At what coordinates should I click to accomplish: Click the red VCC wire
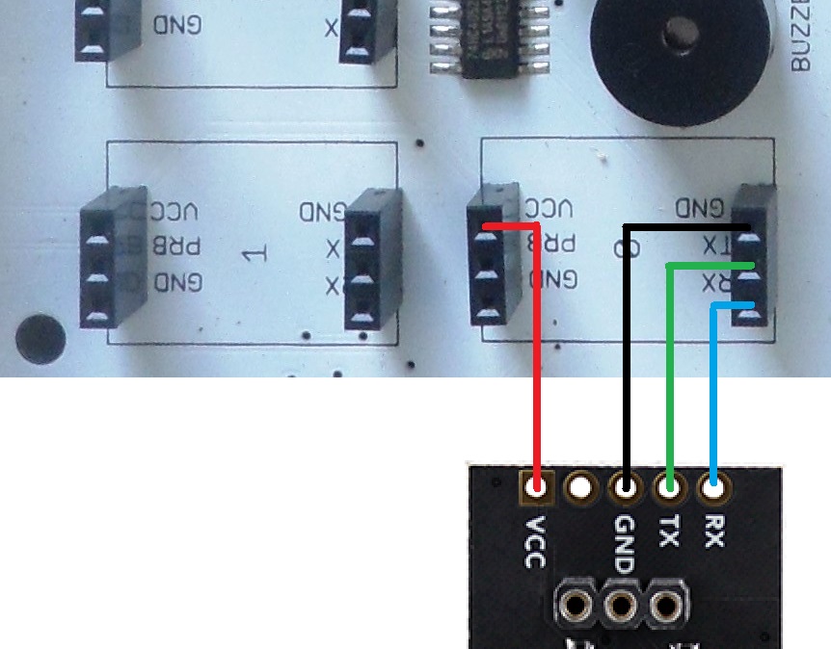[x=536, y=366]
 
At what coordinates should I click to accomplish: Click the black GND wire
[x=627, y=366]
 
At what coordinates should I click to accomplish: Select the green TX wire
[x=670, y=385]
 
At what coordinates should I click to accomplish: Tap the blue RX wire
[x=713, y=404]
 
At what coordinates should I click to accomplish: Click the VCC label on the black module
[x=536, y=541]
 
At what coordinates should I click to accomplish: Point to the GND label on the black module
[x=625, y=544]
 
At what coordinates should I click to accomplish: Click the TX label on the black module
[x=669, y=531]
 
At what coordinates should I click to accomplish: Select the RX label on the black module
[x=713, y=531]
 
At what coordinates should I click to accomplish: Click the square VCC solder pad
[x=536, y=488]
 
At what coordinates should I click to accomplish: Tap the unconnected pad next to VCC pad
[x=580, y=488]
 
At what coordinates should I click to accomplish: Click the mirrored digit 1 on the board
[x=253, y=254]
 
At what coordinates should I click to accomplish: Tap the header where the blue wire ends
[x=753, y=255]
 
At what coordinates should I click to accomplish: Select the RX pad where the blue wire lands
[x=713, y=487]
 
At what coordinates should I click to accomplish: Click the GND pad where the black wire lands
[x=626, y=488]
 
